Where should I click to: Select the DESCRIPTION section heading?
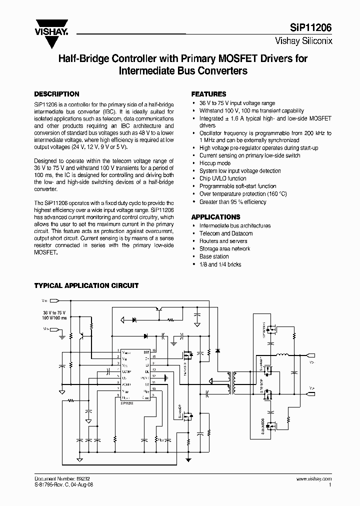point(56,94)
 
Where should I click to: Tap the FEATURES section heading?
point(209,94)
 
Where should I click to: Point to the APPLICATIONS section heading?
point(216,217)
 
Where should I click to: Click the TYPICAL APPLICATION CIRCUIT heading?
point(86,285)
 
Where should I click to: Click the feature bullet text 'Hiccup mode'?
point(215,163)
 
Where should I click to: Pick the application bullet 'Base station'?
point(214,256)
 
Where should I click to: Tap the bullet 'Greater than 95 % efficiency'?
point(233,201)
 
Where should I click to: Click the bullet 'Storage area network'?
point(224,248)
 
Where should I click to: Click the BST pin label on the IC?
point(146,352)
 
